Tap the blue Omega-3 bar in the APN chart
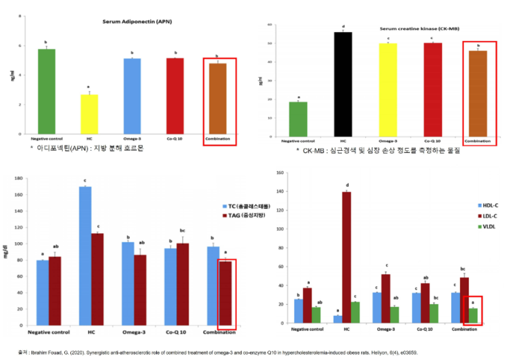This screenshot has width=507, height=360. pos(132,96)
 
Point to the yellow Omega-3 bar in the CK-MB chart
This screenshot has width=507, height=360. pos(388,89)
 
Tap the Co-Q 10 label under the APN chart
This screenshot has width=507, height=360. pos(175,139)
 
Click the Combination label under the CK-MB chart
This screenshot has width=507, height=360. pos(477,141)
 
